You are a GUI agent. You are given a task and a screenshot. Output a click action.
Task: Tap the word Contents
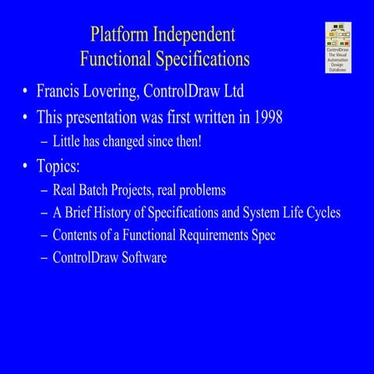pos(76,235)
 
